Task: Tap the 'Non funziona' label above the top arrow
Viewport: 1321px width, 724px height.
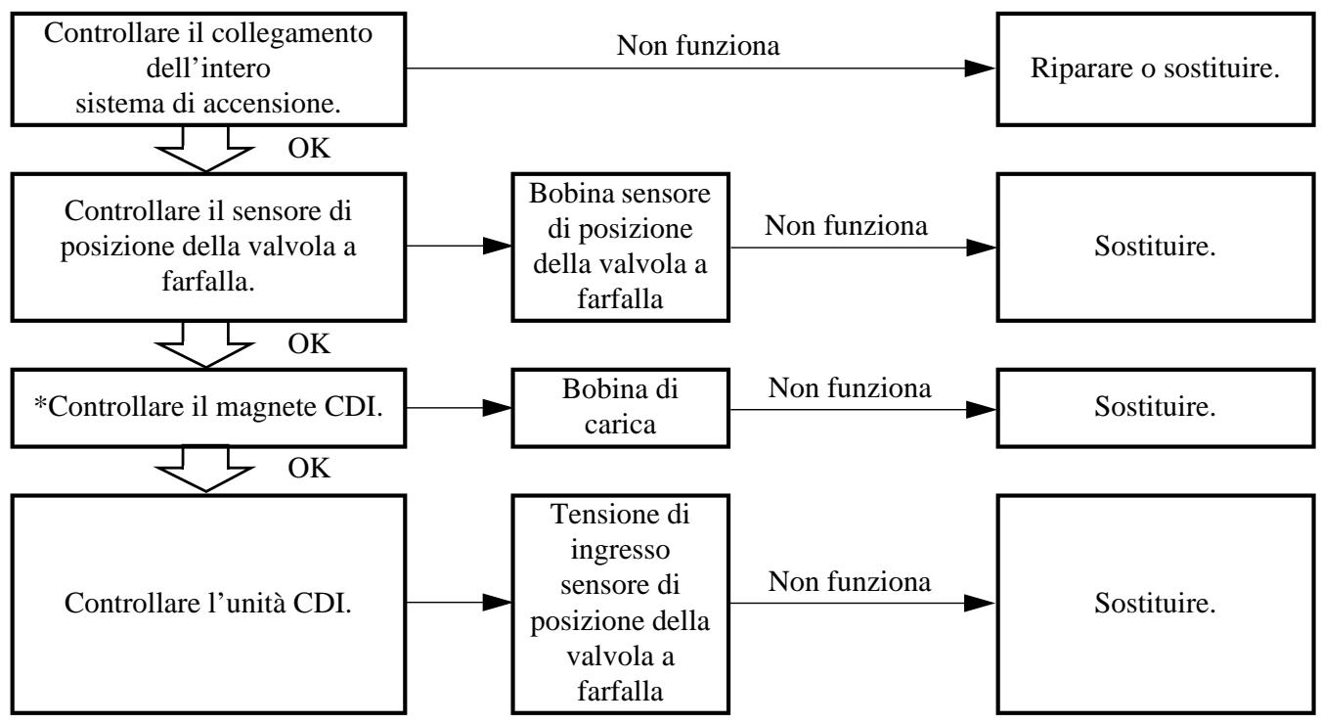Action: click(697, 45)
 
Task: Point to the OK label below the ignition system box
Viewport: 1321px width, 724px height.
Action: click(309, 148)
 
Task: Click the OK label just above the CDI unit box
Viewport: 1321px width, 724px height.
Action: click(309, 468)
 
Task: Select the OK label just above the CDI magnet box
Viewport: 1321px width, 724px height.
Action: click(309, 343)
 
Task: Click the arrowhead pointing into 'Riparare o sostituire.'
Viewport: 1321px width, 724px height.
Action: click(980, 68)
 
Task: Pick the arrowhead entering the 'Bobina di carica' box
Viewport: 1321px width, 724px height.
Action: click(497, 408)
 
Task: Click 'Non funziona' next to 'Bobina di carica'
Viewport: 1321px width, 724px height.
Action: click(849, 388)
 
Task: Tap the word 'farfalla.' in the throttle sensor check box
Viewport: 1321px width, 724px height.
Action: click(208, 282)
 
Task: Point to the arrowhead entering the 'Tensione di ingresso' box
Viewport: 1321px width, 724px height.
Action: click(497, 603)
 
